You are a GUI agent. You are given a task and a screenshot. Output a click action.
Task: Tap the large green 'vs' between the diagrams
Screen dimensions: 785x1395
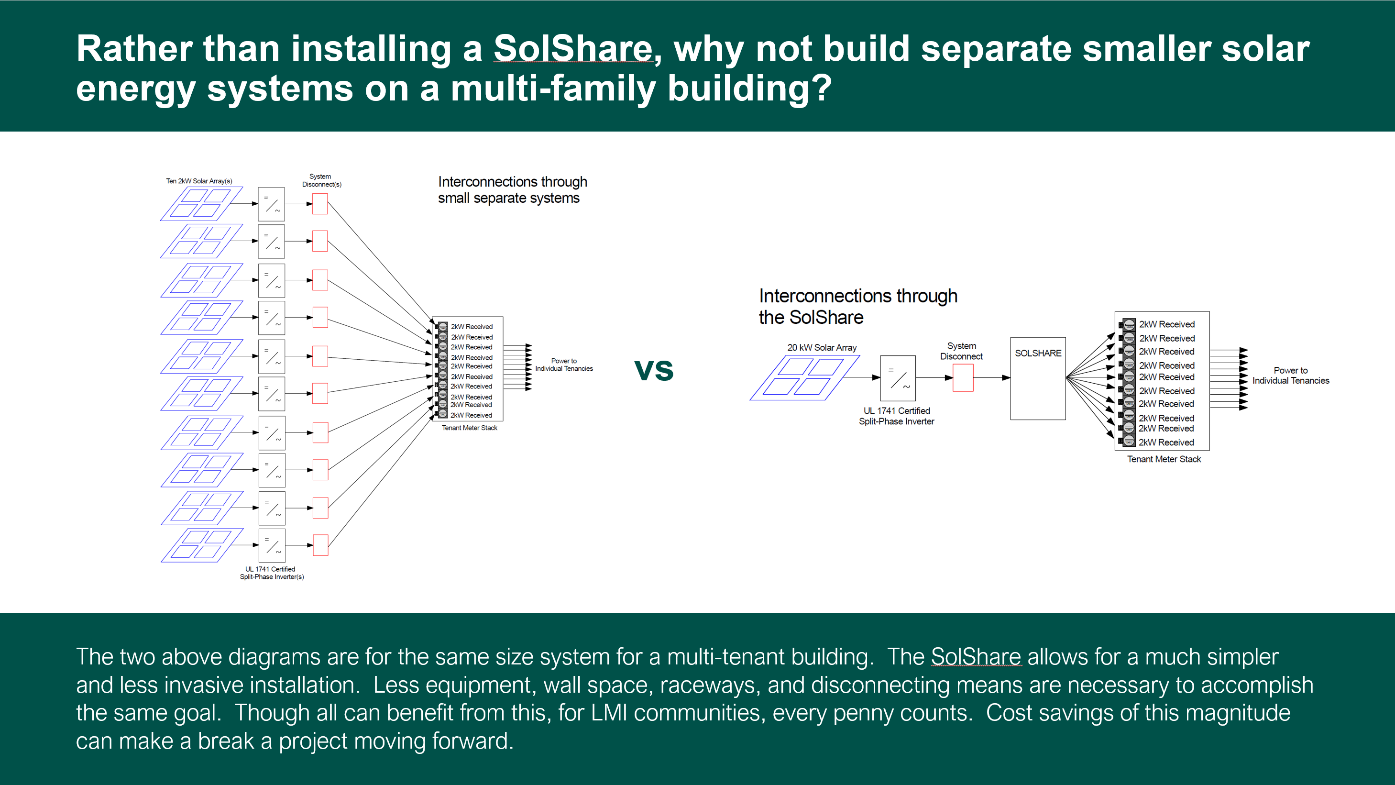(x=654, y=370)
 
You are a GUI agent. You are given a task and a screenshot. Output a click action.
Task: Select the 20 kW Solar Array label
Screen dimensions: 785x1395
(x=822, y=348)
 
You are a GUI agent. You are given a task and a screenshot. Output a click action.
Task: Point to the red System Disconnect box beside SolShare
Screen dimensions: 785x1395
(x=962, y=377)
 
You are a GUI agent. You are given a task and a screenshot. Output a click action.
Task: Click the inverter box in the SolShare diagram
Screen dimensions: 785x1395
(x=897, y=377)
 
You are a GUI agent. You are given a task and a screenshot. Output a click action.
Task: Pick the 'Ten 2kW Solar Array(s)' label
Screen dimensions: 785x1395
(x=199, y=181)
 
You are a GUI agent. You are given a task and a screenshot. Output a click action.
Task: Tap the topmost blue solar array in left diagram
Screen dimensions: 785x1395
(x=201, y=204)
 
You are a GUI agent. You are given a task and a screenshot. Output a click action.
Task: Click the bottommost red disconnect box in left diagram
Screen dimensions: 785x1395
(x=320, y=545)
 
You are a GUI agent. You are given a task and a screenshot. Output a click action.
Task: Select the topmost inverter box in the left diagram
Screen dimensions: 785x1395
(x=271, y=204)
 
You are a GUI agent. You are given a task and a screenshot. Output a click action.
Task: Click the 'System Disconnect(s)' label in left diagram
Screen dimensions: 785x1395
(x=321, y=180)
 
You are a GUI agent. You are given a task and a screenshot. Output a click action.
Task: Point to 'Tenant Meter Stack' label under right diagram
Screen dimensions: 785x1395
(x=1164, y=459)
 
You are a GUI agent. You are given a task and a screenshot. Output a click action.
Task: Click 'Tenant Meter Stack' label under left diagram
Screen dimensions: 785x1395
(x=469, y=428)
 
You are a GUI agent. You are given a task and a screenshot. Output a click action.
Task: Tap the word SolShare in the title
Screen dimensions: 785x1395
(x=572, y=49)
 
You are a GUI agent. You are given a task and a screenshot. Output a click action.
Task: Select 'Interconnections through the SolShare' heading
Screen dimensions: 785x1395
(x=858, y=307)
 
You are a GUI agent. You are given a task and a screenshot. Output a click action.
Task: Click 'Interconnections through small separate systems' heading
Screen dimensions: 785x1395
(x=512, y=189)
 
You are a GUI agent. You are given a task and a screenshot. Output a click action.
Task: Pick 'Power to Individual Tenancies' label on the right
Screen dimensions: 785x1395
(x=1290, y=376)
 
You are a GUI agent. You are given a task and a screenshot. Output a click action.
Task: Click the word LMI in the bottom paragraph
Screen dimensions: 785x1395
(x=609, y=713)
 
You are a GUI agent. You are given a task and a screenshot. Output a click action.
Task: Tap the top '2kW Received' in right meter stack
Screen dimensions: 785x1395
(x=1166, y=324)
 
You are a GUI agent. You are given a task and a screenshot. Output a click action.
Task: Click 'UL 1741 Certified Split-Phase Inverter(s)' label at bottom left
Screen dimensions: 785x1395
(x=271, y=573)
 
